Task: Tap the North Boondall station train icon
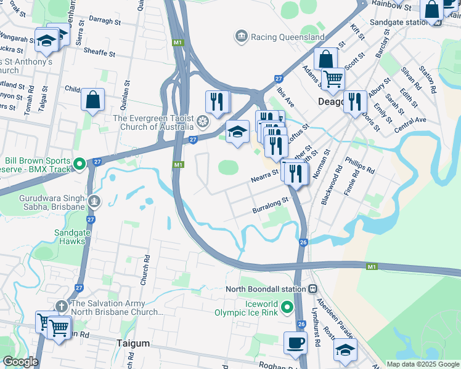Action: (x=313, y=288)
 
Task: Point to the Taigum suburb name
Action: (x=133, y=343)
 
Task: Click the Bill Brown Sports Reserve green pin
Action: (x=79, y=164)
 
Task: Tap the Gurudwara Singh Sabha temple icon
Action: (x=94, y=200)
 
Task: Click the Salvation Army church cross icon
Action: (x=61, y=306)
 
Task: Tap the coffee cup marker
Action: (x=295, y=342)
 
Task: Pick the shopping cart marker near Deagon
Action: (x=333, y=78)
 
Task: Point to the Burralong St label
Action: (x=271, y=205)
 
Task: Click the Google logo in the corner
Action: (x=20, y=362)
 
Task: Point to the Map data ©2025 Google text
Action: (x=423, y=363)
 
